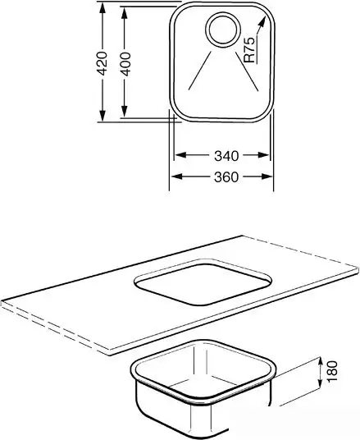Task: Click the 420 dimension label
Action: (103, 63)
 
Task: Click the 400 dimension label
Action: (125, 64)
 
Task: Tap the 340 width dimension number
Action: (226, 156)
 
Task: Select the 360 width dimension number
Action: (226, 177)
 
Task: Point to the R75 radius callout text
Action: (250, 50)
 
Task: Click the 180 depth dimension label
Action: (332, 371)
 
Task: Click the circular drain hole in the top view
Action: (223, 30)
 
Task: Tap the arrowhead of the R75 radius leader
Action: (262, 22)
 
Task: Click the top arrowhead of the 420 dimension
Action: (103, 8)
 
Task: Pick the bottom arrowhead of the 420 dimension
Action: (103, 115)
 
